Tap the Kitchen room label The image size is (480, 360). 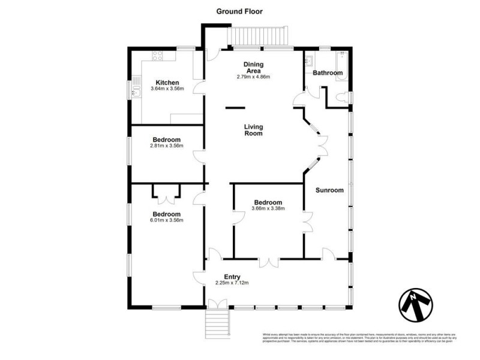(x=167, y=83)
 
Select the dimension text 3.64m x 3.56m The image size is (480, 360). (x=167, y=89)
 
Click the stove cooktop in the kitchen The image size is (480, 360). (x=158, y=57)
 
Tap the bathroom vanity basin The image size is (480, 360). (x=310, y=61)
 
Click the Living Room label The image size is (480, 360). (x=254, y=130)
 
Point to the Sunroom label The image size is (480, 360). (x=329, y=190)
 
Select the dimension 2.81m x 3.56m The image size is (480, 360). (x=167, y=146)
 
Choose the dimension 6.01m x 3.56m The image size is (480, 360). (x=166, y=220)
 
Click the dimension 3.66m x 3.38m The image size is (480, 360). (x=268, y=209)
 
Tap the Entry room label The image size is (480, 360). (x=232, y=276)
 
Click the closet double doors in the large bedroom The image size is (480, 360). (x=166, y=192)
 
